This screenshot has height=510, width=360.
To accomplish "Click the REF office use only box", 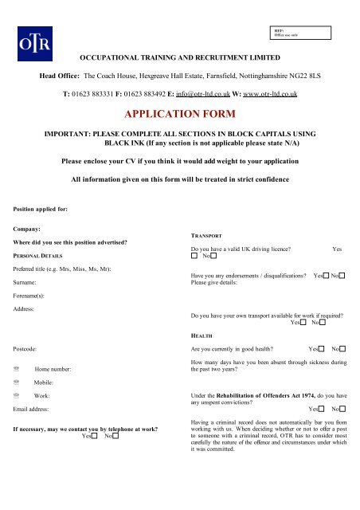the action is (302, 33).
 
